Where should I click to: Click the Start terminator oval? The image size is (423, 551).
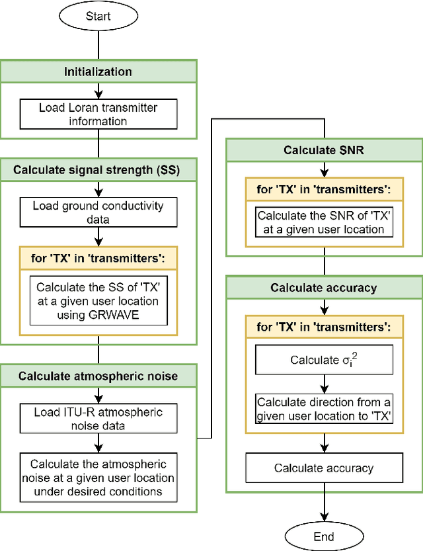point(98,17)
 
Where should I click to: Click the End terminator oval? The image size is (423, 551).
point(324,536)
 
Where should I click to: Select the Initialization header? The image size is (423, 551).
point(98,71)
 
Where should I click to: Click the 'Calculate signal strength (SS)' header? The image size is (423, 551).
point(98,169)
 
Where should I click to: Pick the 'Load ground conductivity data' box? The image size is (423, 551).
point(98,212)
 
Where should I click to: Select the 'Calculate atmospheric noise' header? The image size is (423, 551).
point(98,376)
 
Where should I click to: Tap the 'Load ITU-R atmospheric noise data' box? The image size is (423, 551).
point(98,419)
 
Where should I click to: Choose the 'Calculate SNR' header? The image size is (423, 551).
point(324,150)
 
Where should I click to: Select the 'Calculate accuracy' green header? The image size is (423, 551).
point(324,287)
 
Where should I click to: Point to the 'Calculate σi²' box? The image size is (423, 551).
point(324,360)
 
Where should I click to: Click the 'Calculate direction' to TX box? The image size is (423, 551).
point(324,409)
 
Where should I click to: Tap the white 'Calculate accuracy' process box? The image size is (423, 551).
point(324,468)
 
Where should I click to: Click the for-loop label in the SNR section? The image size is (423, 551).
point(324,190)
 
